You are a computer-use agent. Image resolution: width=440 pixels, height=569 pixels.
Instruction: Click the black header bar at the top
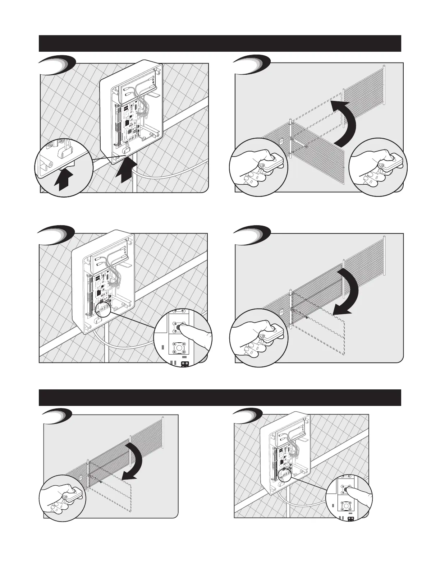click(220, 43)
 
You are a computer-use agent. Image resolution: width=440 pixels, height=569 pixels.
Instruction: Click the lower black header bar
click(220, 398)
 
